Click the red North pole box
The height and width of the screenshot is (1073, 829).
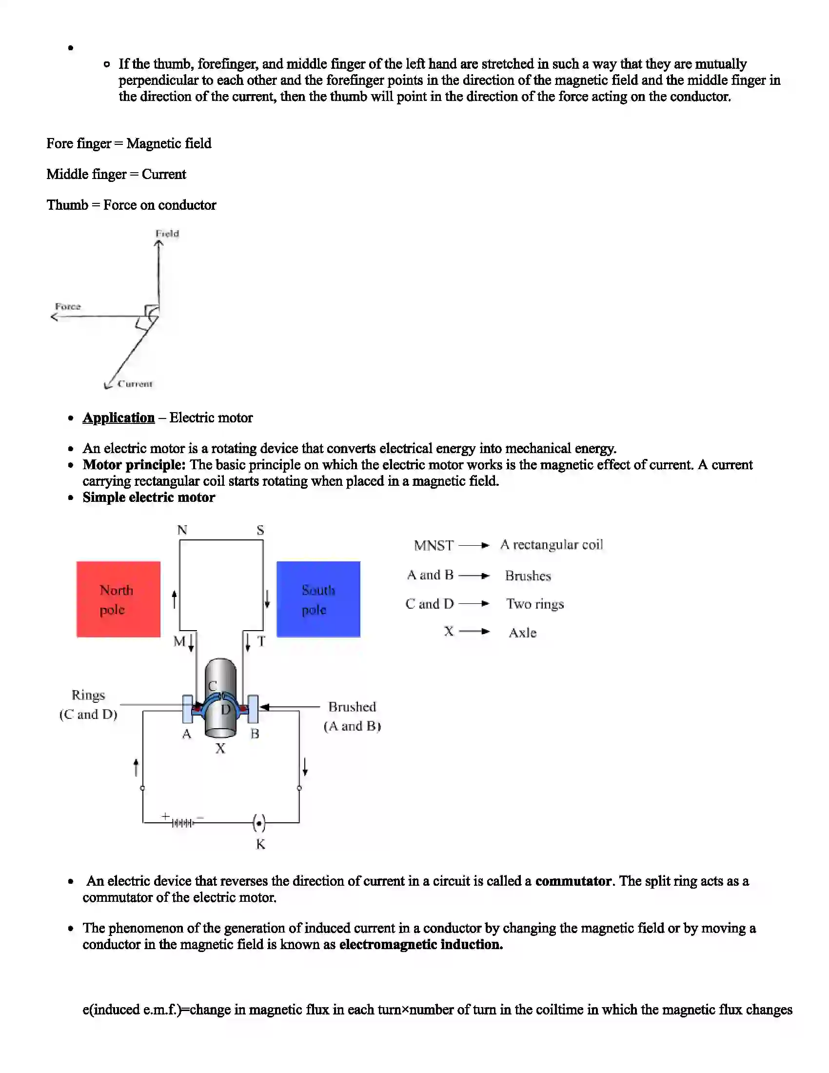[118, 599]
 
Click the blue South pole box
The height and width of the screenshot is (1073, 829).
[318, 599]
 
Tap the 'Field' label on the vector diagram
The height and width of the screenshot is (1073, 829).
[167, 233]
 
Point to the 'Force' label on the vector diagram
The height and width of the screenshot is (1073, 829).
[68, 307]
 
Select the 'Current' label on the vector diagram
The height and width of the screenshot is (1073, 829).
[135, 384]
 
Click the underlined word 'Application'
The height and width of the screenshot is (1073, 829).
[118, 417]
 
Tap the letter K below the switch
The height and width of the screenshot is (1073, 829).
[260, 844]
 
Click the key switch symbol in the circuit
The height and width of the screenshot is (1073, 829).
[259, 822]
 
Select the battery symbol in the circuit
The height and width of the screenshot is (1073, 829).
[182, 822]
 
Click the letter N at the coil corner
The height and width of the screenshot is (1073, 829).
[182, 530]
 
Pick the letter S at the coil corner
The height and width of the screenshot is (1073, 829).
[260, 530]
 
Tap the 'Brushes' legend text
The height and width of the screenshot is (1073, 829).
[528, 576]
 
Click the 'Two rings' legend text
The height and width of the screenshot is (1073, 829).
[535, 604]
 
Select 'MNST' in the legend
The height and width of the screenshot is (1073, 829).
[434, 545]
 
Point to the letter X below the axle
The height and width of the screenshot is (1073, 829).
[220, 748]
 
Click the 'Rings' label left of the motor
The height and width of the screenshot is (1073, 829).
[88, 695]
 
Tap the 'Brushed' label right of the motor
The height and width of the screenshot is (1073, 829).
[352, 707]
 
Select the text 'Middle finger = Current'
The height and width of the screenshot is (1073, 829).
[117, 175]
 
